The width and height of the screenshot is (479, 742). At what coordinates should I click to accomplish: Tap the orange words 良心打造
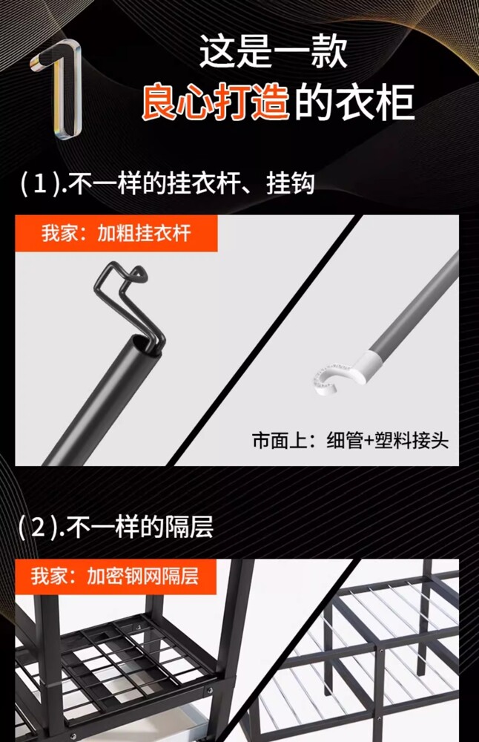coord(215,102)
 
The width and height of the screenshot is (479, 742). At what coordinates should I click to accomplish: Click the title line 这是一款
coord(274,51)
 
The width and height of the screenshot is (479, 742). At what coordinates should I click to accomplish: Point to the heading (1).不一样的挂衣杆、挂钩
coord(167,183)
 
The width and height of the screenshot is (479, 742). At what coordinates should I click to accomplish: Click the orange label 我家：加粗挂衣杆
coord(116,233)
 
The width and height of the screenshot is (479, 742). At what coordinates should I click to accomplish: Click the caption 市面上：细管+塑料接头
coord(350,441)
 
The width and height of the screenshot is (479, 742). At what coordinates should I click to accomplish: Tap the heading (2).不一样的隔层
coord(116,527)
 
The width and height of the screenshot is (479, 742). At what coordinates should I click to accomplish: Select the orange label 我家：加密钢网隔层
coord(115,577)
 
